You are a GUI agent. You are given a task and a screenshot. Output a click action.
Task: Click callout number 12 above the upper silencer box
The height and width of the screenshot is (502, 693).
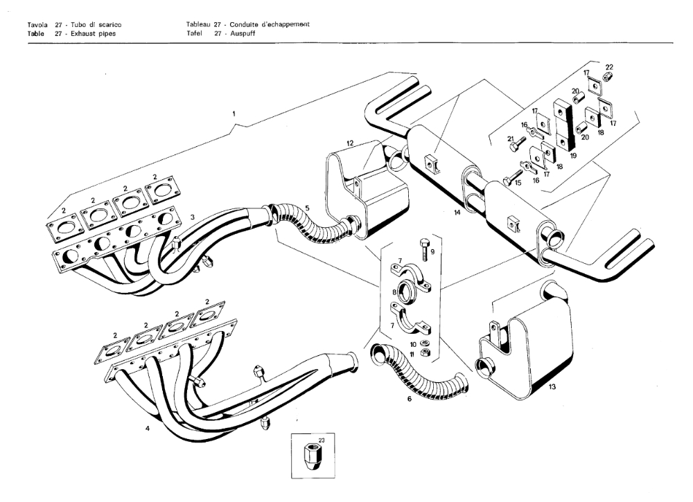351,143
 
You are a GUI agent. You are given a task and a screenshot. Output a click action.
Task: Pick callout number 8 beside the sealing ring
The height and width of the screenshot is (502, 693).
394,293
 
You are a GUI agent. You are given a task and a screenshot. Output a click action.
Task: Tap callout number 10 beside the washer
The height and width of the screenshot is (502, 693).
413,343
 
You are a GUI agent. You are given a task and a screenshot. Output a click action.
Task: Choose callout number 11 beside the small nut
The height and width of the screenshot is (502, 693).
413,354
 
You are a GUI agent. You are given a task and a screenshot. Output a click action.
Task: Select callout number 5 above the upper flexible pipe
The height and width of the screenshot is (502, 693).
308,206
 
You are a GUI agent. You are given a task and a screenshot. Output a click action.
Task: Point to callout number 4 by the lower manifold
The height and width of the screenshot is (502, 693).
148,429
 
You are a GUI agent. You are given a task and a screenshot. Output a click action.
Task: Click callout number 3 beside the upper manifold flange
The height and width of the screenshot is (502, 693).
193,217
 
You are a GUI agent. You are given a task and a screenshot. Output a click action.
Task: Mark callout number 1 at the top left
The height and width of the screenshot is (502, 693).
235,111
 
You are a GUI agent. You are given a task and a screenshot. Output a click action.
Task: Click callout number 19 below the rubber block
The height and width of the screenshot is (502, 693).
573,156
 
